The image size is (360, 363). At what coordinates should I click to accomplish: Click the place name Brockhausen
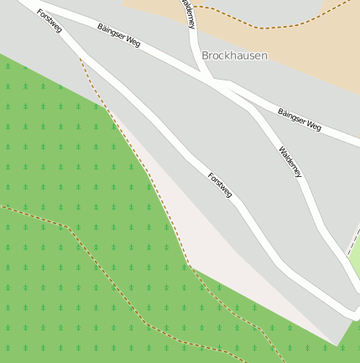pyautogui.click(x=234, y=55)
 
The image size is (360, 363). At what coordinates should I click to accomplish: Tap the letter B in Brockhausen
pyautogui.click(x=206, y=55)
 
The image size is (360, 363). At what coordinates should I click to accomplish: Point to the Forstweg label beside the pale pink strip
pyautogui.click(x=220, y=184)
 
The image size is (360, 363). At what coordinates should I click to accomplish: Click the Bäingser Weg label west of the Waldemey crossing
pyautogui.click(x=118, y=36)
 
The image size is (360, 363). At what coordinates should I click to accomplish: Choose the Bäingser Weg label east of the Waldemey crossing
pyautogui.click(x=300, y=119)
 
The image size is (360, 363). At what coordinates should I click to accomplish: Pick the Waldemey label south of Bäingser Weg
pyautogui.click(x=290, y=162)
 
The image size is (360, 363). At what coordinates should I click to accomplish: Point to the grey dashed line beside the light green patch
pyautogui.click(x=352, y=243)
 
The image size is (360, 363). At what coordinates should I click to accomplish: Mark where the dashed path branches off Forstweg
pyautogui.click(x=81, y=59)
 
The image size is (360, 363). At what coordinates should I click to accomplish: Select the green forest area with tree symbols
pyautogui.click(x=50, y=151)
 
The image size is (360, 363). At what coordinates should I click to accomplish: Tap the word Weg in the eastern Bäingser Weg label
pyautogui.click(x=312, y=125)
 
